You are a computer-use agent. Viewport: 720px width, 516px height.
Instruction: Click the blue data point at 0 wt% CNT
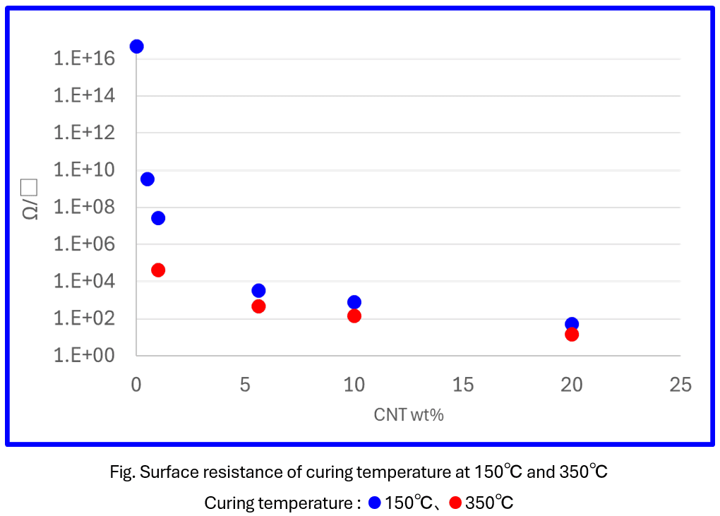[x=136, y=47]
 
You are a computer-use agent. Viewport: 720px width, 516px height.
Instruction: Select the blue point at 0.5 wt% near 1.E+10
[x=148, y=179]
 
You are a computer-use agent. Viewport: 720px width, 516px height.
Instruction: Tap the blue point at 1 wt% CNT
[x=158, y=218]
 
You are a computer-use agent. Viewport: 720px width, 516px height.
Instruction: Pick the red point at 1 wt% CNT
[x=158, y=270]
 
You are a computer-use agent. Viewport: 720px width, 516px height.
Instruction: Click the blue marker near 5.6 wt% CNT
[x=258, y=291]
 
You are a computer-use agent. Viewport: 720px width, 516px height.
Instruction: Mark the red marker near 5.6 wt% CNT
[x=258, y=306]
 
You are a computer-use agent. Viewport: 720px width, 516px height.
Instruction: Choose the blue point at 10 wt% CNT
[x=354, y=302]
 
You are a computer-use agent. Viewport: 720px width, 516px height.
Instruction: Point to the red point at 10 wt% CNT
[x=354, y=316]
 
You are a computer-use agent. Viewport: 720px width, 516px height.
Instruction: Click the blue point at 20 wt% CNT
[x=572, y=324]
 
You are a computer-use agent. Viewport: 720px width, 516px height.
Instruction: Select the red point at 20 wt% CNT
[x=572, y=334]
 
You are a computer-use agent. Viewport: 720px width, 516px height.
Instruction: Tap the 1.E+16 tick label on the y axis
[x=85, y=59]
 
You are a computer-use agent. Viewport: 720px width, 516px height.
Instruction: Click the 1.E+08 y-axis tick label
[x=85, y=208]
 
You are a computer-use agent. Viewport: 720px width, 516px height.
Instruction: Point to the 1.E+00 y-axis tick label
[x=85, y=356]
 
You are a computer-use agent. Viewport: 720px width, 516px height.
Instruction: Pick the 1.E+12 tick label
[x=85, y=133]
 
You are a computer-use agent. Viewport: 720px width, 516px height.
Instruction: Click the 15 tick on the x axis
[x=463, y=385]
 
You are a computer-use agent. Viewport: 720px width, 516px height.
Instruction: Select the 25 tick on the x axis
[x=680, y=385]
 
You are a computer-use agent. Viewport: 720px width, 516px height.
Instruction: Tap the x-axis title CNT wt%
[x=409, y=415]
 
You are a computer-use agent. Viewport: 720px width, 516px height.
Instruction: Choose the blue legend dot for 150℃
[x=375, y=503]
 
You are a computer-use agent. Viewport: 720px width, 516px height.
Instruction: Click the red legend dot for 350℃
[x=455, y=503]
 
